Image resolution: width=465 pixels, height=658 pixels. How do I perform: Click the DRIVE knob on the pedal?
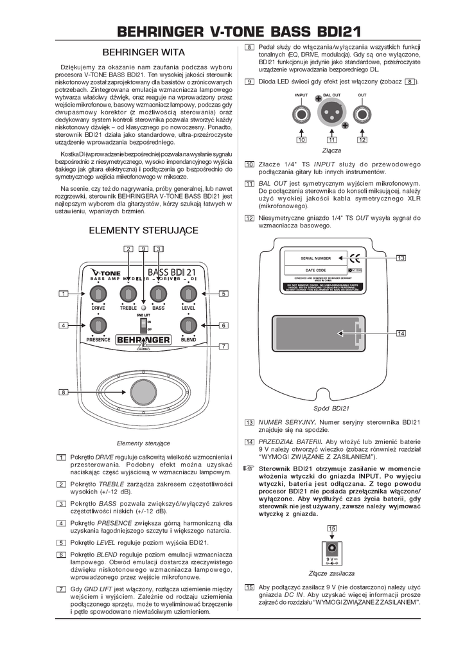(x=98, y=294)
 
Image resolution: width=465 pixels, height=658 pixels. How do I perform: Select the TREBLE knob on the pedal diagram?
(x=128, y=294)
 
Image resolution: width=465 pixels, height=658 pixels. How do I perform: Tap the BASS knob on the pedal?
(x=158, y=294)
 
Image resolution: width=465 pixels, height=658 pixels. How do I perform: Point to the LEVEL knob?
(x=188, y=294)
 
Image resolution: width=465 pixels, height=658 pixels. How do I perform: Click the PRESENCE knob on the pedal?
(x=98, y=326)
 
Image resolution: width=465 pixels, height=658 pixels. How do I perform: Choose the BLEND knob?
(x=188, y=326)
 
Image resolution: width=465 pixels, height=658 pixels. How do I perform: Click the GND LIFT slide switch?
(x=144, y=323)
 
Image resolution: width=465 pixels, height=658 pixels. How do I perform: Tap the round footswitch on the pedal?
(x=143, y=392)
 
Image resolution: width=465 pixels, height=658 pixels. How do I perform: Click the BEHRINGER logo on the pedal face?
(x=143, y=339)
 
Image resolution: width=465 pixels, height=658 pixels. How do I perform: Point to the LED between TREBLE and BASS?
(x=143, y=308)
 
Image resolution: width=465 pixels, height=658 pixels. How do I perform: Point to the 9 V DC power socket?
(x=332, y=548)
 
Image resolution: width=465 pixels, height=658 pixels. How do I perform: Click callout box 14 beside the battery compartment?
(x=401, y=333)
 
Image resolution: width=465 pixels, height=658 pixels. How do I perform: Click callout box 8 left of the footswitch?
(x=63, y=392)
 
